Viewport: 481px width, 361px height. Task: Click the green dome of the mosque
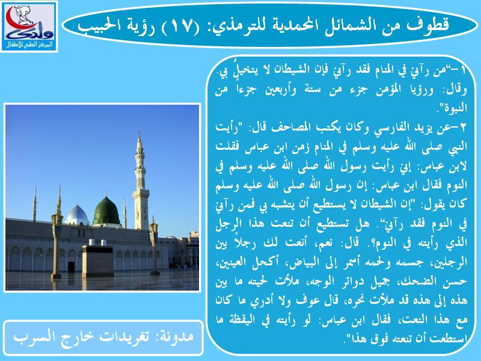[x=106, y=211]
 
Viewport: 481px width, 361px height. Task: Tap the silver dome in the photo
[x=76, y=215]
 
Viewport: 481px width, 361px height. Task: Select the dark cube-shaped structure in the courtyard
[x=98, y=260]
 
